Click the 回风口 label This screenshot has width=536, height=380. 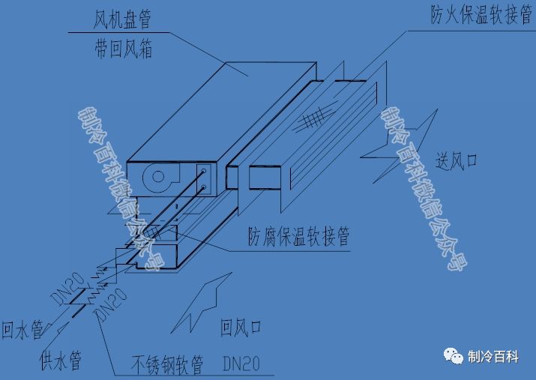point(241,328)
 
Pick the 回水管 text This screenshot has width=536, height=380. point(21,330)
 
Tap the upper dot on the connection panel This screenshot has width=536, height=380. point(204,172)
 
